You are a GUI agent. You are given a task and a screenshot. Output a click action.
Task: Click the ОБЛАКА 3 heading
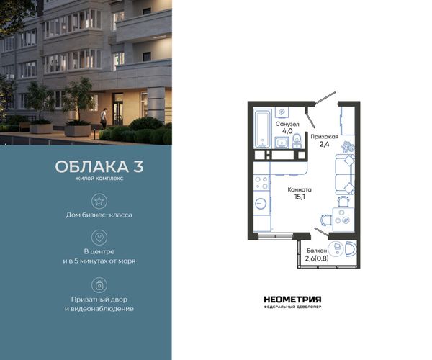(x=99, y=166)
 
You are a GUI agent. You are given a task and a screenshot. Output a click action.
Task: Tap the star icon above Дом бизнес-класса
(x=99, y=201)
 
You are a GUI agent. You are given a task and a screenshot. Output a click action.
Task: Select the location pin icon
(x=99, y=237)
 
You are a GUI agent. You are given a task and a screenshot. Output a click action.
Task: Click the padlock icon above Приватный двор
(x=99, y=285)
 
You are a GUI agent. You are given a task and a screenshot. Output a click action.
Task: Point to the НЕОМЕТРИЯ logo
(x=292, y=302)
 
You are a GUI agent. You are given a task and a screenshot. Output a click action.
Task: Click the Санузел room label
(x=287, y=125)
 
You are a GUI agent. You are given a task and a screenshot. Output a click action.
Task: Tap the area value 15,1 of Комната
(x=300, y=197)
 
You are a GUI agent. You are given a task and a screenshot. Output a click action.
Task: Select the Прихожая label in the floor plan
(x=324, y=136)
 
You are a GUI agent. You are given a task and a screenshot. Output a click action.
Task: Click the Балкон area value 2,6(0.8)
(x=317, y=258)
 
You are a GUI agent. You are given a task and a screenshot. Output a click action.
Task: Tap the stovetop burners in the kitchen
(x=262, y=183)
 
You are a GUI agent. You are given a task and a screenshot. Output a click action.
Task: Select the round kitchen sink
(x=261, y=204)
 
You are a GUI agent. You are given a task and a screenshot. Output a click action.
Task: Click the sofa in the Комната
(x=345, y=175)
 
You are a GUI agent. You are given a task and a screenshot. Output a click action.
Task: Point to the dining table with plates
(x=343, y=220)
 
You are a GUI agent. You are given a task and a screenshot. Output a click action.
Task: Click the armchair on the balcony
(x=351, y=249)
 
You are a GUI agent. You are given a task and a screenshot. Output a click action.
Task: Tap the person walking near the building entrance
(x=104, y=118)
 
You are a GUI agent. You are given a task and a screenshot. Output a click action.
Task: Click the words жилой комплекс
(x=99, y=179)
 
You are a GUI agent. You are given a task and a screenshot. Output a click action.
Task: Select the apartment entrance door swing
(x=325, y=98)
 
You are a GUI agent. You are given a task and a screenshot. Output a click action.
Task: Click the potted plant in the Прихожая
(x=348, y=147)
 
